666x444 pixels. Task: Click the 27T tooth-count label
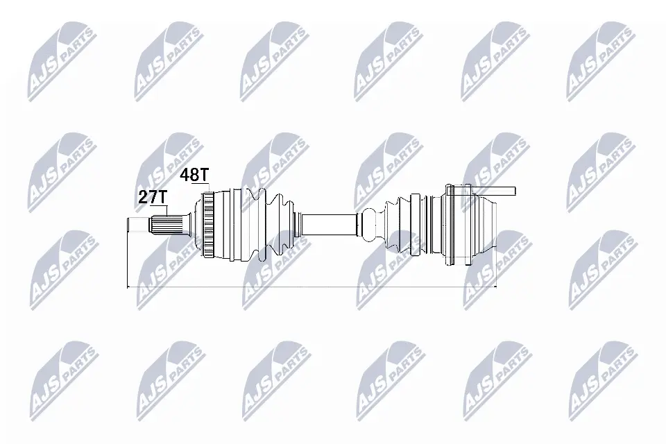pos(153,197)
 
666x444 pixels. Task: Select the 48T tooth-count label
pos(194,175)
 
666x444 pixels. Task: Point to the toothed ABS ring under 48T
pos(207,225)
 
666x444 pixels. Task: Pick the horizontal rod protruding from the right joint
pos(493,191)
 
